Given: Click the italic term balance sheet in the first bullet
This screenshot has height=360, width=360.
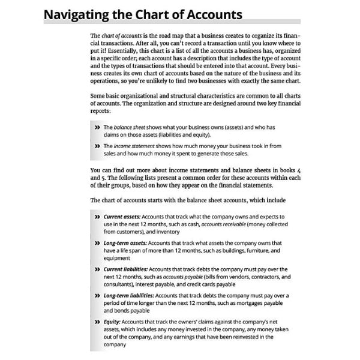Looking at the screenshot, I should coord(132,128).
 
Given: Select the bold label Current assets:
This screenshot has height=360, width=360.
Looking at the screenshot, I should coord(122,215).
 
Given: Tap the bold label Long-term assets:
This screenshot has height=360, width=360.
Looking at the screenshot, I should coord(125,243).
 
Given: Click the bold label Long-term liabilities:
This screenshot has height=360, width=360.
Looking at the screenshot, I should coord(128,296).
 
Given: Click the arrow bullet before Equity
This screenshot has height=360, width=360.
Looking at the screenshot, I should coord(97,323).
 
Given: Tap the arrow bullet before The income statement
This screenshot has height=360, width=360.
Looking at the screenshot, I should coord(97,146).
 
